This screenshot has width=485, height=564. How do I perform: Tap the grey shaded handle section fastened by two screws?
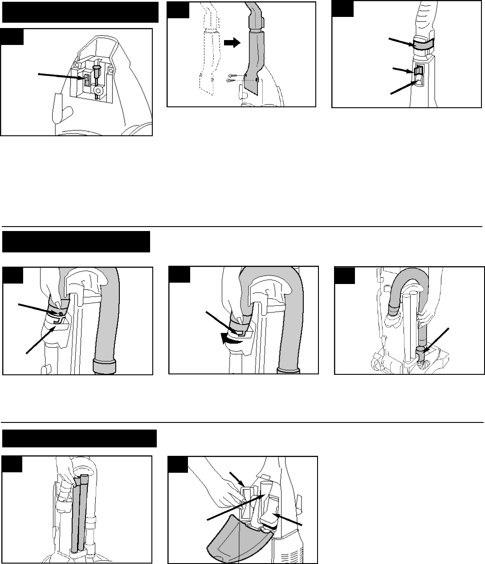pos(253,62)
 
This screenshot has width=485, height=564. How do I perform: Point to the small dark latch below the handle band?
pos(418,70)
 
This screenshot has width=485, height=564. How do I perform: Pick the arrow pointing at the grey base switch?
pos(58,76)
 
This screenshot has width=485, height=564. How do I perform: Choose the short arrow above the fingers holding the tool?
pos(235,479)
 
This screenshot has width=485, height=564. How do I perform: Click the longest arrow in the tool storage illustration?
pos(236,506)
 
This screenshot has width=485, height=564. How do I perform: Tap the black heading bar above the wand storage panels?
pos(80,438)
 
